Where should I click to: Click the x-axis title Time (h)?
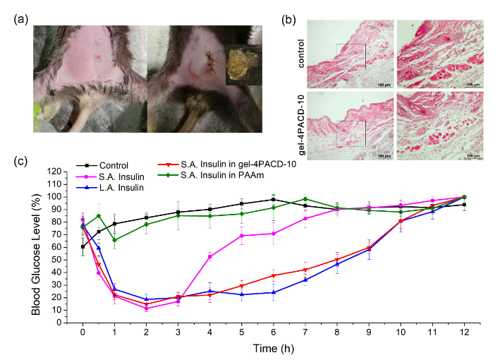pos(272,348)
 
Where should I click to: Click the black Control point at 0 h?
pos(83,246)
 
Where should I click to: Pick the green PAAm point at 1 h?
pos(114,240)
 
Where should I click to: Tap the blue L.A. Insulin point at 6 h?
pos(272,292)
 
